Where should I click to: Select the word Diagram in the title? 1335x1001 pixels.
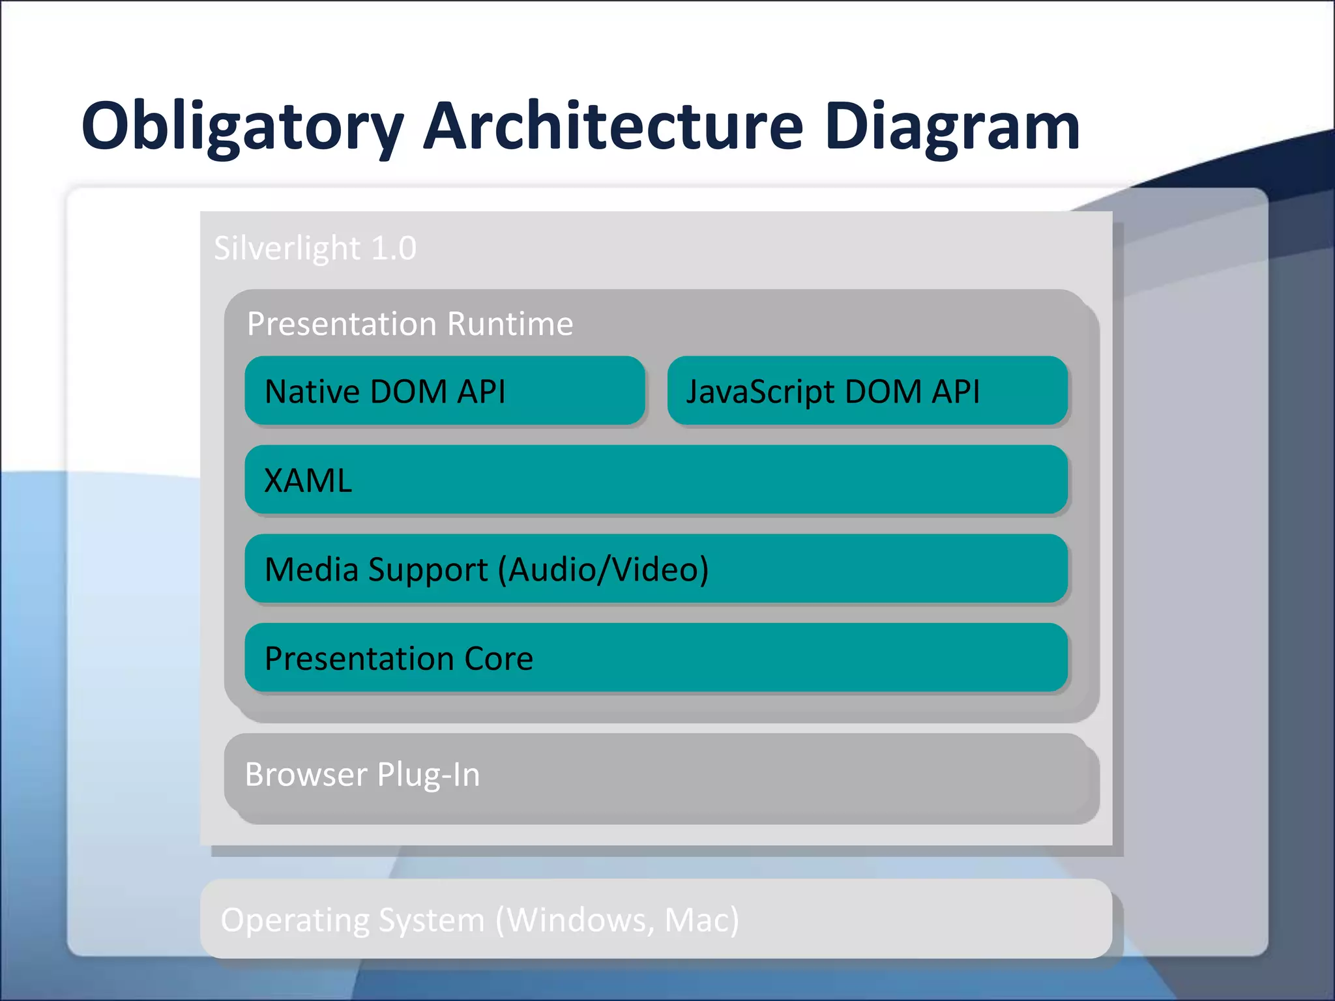952,127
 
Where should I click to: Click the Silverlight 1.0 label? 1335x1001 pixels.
315,248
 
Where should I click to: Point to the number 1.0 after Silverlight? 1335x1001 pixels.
393,248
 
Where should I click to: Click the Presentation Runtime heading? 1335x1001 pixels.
410,324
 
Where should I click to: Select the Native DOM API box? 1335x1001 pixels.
445,391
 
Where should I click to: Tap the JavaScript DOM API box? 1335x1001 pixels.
867,391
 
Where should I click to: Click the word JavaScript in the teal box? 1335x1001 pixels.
760,392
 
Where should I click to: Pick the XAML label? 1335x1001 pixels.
308,481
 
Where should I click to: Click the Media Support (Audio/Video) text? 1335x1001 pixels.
486,570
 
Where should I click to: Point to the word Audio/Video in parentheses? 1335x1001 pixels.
603,570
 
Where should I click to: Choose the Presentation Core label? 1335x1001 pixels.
399,658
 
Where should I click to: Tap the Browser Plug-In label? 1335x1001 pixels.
362,775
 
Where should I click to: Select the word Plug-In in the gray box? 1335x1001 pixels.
428,775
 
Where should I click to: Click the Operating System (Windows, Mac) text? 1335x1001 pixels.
480,920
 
